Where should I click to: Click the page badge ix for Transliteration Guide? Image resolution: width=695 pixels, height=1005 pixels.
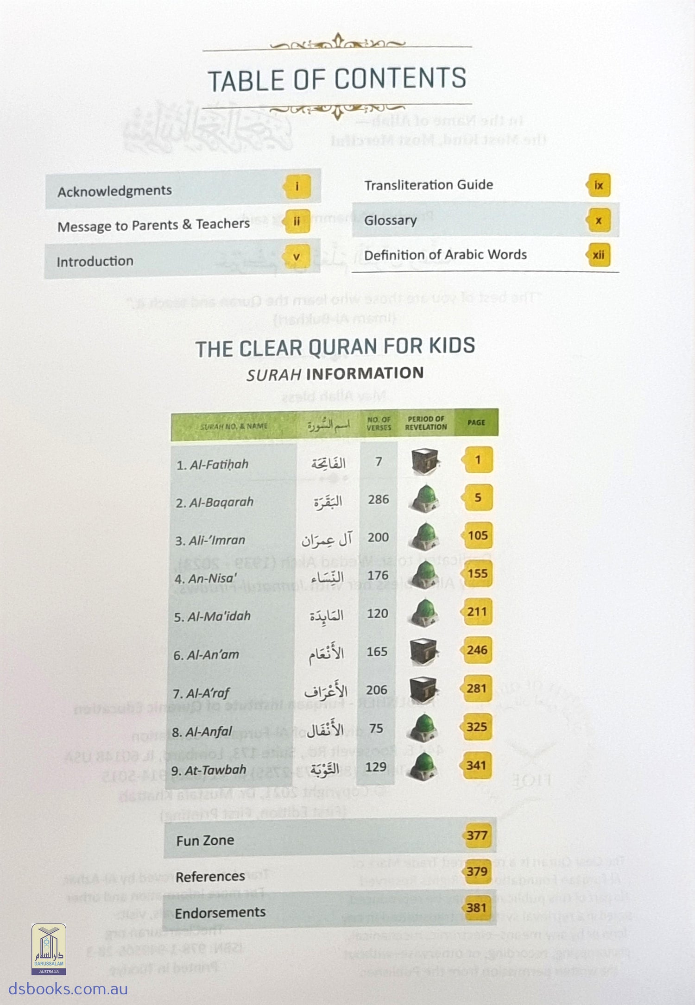[599, 185]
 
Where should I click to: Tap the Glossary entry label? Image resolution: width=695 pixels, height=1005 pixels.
[390, 220]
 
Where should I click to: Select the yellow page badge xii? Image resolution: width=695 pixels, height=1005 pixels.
[599, 255]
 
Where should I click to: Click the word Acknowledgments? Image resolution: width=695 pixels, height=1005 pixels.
[114, 191]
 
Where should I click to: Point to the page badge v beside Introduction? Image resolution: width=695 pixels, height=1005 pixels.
[297, 257]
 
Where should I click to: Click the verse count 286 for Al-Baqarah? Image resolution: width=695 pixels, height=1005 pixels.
[378, 499]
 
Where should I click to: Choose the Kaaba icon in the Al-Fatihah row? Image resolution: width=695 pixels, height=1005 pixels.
[424, 461]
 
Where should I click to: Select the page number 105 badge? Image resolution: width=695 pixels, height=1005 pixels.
[477, 536]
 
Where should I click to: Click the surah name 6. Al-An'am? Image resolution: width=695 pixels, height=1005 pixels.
[206, 655]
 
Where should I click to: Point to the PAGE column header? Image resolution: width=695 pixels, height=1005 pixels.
[476, 422]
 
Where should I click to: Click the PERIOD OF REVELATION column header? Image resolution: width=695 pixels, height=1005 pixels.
[426, 422]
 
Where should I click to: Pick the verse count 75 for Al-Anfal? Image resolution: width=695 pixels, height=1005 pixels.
[376, 729]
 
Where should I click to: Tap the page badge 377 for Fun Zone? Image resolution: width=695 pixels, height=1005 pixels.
[477, 835]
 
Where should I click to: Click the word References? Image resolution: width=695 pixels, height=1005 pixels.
[210, 876]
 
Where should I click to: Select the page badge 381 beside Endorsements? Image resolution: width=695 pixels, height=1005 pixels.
[476, 907]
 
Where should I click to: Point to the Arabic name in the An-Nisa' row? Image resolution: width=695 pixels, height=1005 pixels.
[327, 577]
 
